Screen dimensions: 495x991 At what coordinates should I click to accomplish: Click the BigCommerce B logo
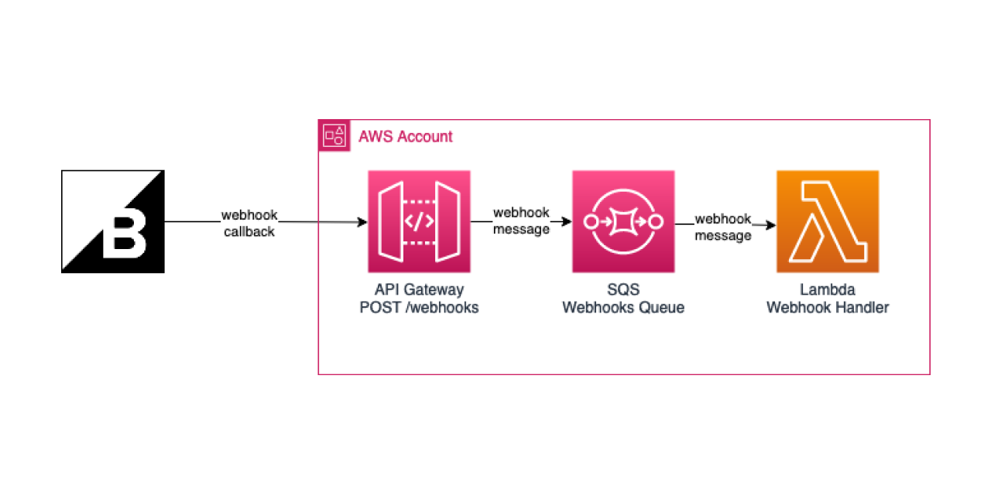(113, 221)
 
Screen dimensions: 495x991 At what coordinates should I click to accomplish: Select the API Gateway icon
(419, 221)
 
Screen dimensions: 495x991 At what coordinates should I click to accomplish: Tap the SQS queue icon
(623, 221)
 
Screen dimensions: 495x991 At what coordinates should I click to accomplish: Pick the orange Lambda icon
(828, 221)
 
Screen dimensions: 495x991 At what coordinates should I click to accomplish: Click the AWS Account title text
(405, 137)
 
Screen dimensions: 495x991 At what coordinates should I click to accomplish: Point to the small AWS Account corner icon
(334, 135)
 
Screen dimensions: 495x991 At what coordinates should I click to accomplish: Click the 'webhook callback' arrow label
(249, 223)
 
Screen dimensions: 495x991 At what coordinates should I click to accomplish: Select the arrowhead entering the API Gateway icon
(362, 223)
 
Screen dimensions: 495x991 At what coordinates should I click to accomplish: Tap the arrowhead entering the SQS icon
(567, 222)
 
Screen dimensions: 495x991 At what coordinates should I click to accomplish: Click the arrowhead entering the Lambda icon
(771, 226)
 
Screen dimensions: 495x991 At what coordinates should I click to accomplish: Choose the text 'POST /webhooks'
(419, 308)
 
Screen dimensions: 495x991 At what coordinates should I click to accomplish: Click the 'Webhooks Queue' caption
(623, 308)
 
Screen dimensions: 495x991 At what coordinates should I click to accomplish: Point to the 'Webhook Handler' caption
(828, 308)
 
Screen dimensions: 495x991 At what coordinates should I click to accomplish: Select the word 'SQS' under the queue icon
(623, 290)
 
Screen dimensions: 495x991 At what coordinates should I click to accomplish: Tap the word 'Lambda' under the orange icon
(828, 290)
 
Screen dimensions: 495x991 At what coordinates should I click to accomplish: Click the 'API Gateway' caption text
(419, 290)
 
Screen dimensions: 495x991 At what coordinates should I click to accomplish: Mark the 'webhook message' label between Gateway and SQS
(521, 220)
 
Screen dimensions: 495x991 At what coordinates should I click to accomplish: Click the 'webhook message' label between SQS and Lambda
(723, 227)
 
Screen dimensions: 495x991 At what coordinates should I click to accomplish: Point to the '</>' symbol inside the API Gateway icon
(419, 222)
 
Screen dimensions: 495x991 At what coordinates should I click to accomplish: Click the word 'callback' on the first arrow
(249, 231)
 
